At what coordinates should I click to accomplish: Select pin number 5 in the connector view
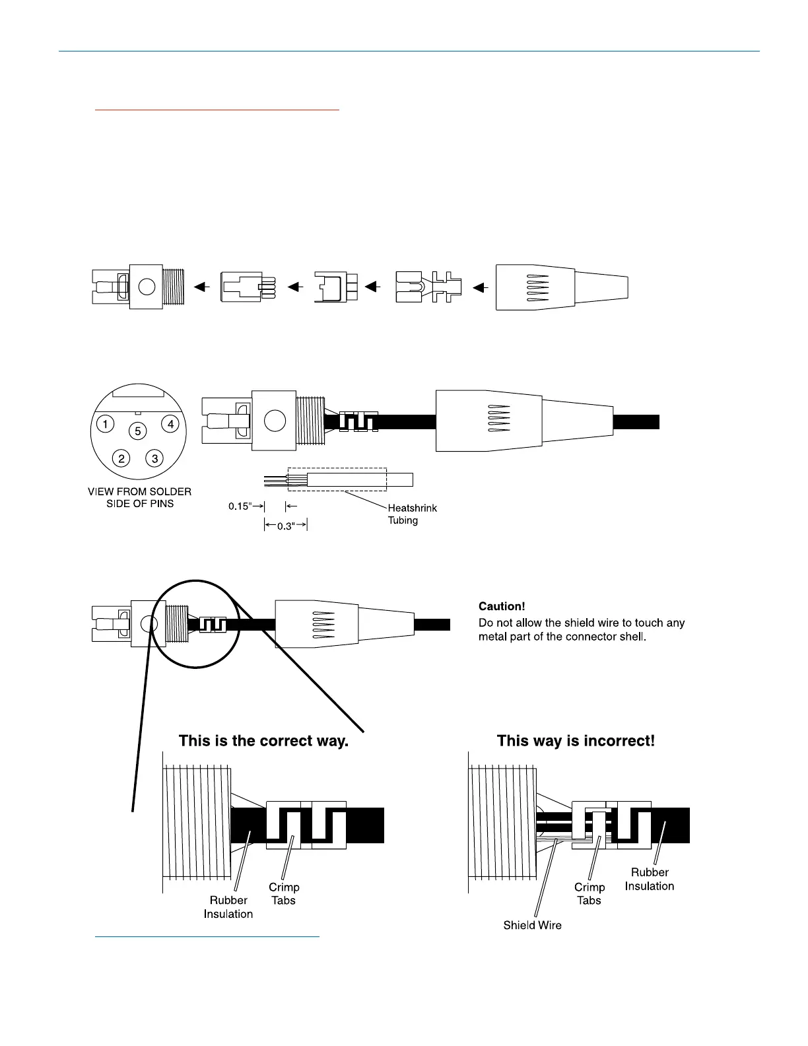click(138, 431)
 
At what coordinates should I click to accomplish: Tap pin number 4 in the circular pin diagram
click(170, 424)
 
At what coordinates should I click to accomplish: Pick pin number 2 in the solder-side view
click(121, 458)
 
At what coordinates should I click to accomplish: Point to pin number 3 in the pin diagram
click(154, 458)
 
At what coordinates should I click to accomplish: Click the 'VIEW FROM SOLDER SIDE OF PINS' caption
click(140, 497)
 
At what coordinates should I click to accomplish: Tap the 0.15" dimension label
click(240, 506)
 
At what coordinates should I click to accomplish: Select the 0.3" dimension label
click(285, 526)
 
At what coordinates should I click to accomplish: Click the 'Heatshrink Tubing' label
click(412, 514)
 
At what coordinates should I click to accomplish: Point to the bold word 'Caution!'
click(502, 606)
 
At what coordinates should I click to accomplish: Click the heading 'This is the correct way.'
click(263, 741)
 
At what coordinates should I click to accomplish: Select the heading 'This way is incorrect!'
click(576, 741)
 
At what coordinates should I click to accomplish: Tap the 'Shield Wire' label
click(532, 925)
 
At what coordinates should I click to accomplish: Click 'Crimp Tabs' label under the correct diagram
click(284, 893)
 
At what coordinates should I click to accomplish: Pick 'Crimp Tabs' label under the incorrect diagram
click(589, 893)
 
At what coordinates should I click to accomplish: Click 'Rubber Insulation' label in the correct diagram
click(228, 907)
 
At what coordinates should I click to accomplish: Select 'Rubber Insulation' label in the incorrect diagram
click(650, 879)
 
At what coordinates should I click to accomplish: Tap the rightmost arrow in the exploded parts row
click(480, 287)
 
